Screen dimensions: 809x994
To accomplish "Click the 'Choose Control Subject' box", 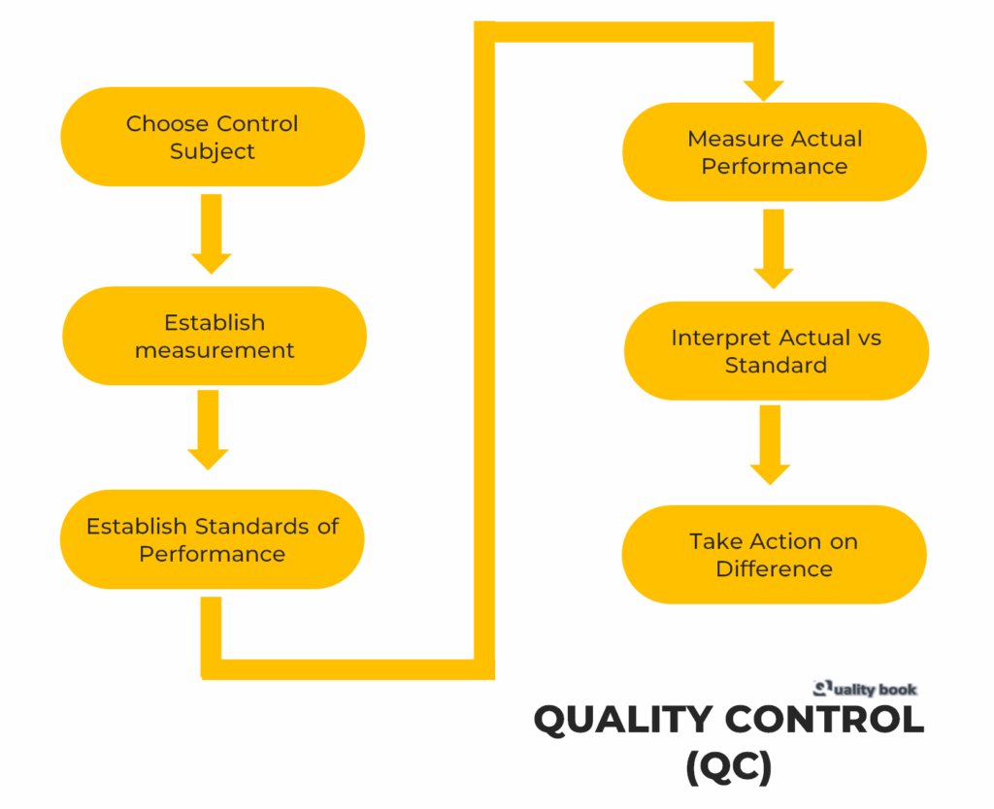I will click(x=213, y=137).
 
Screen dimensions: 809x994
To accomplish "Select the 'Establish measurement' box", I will click(x=215, y=336).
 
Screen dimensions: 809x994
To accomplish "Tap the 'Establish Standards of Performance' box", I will click(x=213, y=539).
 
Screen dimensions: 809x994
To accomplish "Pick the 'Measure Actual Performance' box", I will click(x=774, y=152).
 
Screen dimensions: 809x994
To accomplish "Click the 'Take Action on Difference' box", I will click(x=774, y=555).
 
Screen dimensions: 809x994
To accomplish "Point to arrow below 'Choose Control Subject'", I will click(x=211, y=234).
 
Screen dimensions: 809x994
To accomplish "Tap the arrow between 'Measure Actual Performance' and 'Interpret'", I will click(x=773, y=249).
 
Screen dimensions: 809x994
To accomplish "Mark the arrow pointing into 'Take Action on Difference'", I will click(x=770, y=445).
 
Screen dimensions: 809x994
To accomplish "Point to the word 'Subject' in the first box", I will click(x=213, y=151).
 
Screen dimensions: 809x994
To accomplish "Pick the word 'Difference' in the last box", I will click(x=774, y=568).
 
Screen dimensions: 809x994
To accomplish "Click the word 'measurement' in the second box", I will click(x=215, y=350).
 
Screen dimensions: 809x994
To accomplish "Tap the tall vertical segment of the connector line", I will click(x=484, y=349).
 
